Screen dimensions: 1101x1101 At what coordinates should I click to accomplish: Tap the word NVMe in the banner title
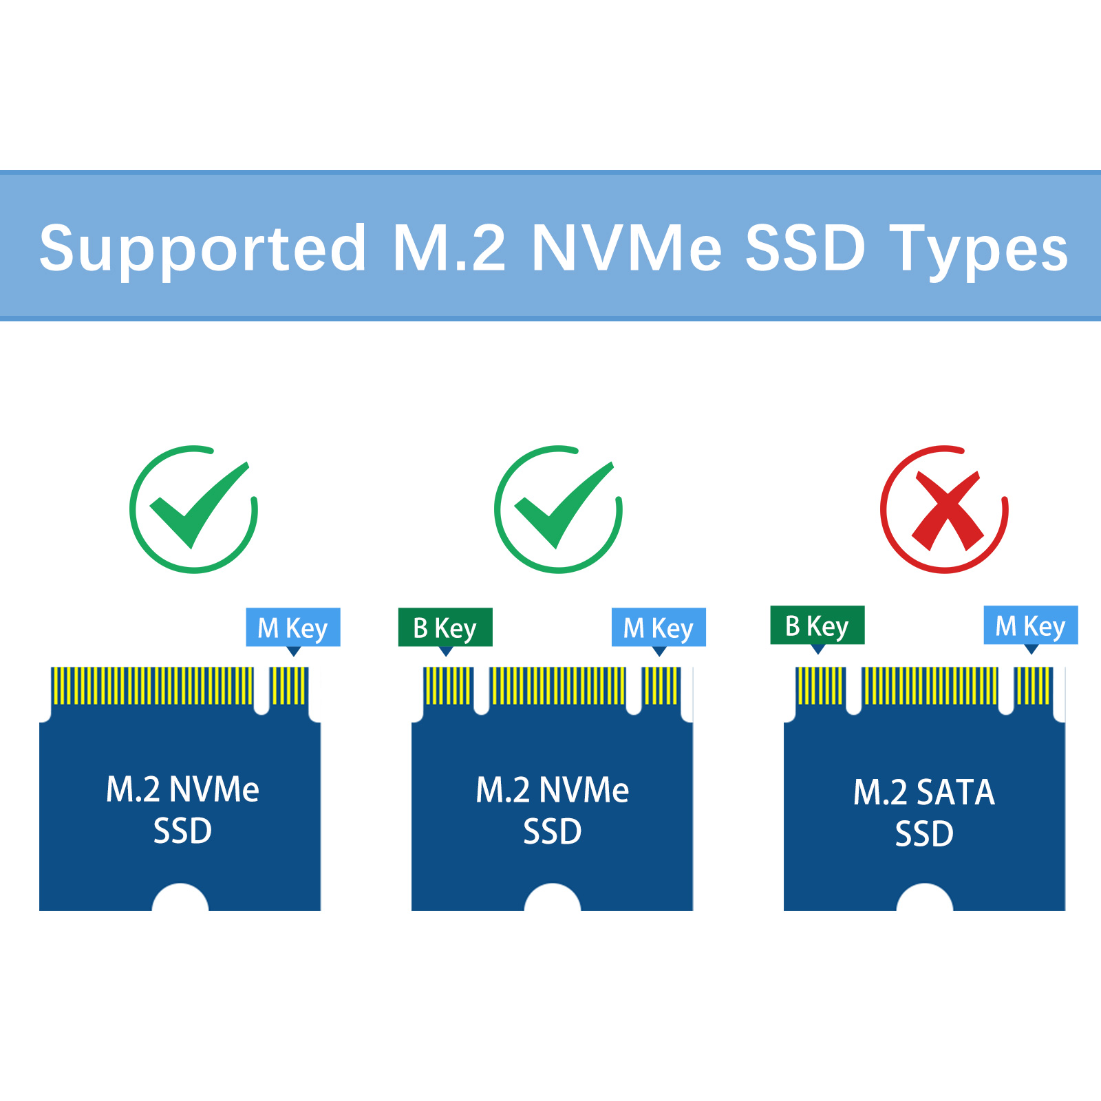(627, 248)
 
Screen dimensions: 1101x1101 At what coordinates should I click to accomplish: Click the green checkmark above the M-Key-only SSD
(194, 509)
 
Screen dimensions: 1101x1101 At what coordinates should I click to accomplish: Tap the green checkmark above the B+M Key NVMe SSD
(558, 509)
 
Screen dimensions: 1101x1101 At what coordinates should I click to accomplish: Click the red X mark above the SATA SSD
(945, 509)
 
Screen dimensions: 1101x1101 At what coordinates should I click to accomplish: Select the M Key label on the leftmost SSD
(293, 628)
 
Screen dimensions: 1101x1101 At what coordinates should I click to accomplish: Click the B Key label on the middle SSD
(445, 628)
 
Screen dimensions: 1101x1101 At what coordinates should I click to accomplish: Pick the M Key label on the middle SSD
(659, 628)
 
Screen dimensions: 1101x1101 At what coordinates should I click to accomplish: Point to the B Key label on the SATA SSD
(817, 626)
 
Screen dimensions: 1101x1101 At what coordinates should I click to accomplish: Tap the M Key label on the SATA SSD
(1031, 626)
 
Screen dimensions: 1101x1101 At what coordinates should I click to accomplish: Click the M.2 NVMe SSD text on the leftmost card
(182, 810)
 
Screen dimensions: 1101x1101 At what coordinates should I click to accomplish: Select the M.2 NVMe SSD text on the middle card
(553, 811)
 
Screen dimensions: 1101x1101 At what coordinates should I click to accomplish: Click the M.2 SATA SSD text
(924, 813)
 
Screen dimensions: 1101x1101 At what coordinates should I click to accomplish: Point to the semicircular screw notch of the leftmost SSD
(180, 897)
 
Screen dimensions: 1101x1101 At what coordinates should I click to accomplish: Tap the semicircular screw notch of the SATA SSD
(925, 897)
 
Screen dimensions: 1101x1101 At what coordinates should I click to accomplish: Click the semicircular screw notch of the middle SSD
(553, 897)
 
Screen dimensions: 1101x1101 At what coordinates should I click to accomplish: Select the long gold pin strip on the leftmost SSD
(152, 685)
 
